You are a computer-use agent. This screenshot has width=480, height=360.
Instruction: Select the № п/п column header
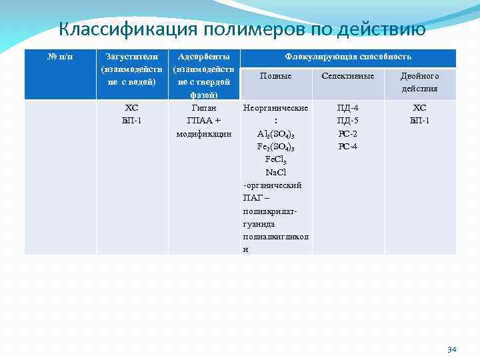click(x=60, y=57)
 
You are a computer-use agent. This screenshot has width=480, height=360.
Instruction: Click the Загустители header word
click(x=131, y=57)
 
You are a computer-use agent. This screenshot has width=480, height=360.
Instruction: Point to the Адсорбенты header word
click(x=204, y=57)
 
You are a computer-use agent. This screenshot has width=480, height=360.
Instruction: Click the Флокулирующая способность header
click(x=348, y=57)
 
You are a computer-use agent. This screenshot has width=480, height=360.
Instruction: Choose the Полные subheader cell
click(x=275, y=76)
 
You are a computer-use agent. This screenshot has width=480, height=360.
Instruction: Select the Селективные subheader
click(x=348, y=76)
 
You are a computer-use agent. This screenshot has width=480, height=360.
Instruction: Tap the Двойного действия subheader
click(x=419, y=82)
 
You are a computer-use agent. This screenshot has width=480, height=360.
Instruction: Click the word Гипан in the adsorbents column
click(x=204, y=108)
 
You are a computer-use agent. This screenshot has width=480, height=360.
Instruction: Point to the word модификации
click(x=204, y=134)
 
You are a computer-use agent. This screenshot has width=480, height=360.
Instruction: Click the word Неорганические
click(x=275, y=108)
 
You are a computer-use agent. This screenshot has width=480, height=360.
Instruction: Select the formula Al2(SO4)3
click(x=275, y=134)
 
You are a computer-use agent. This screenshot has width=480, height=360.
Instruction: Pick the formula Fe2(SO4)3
click(x=275, y=147)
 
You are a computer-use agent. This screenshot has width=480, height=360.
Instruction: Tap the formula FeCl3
click(x=275, y=160)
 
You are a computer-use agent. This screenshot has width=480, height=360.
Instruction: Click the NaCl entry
click(x=275, y=173)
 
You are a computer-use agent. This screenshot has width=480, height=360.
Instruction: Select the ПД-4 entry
click(x=348, y=108)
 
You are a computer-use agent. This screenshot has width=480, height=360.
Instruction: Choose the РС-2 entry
click(x=348, y=134)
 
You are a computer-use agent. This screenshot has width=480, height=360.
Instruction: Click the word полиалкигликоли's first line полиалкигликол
click(x=275, y=237)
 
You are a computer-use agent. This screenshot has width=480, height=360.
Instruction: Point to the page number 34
click(x=451, y=349)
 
